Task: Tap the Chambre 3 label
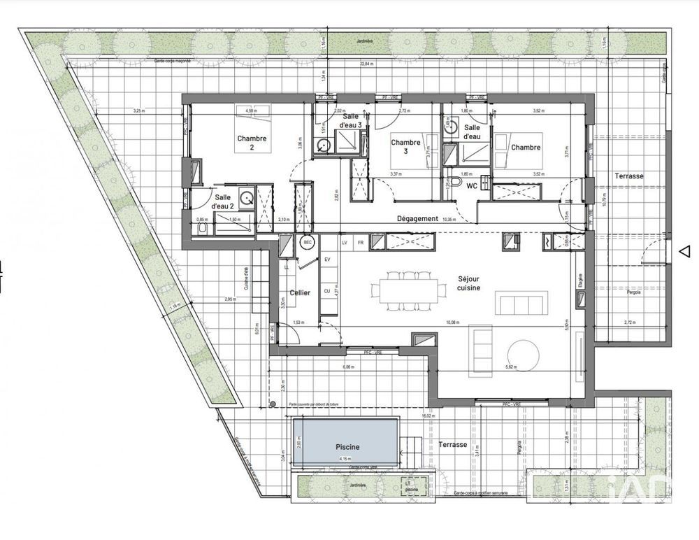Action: coord(405,146)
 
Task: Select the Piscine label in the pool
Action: coord(347,447)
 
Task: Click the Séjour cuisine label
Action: coord(469,283)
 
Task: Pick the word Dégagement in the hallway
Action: coord(418,218)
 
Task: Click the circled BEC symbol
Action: coord(308,242)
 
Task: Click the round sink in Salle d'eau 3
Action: coord(322,146)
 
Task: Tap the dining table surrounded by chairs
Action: coord(408,288)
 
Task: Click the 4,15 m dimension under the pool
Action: coord(345,459)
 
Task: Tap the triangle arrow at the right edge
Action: coord(686,251)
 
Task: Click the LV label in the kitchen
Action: coord(345,242)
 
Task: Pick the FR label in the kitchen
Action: coord(361,242)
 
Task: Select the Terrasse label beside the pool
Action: coord(453,445)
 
